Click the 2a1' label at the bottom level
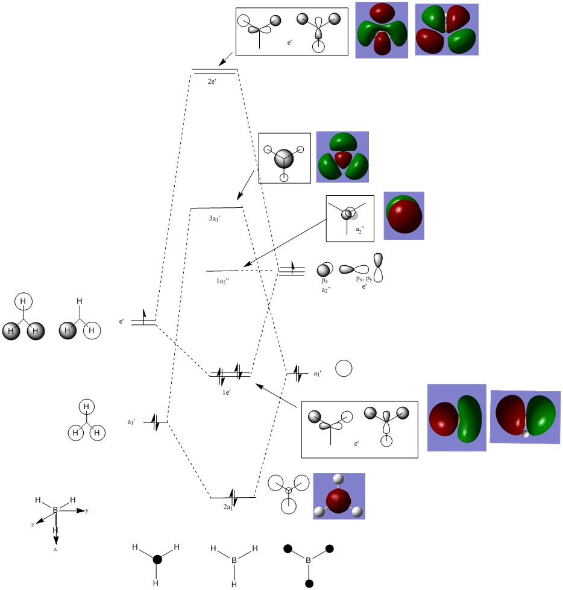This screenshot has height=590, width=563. coord(228,507)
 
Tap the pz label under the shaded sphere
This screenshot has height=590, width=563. coord(325,281)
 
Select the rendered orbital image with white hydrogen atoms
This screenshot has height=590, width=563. coord(339,496)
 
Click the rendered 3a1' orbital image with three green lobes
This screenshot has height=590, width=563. coord(342,157)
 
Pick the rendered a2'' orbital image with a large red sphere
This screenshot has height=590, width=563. coord(404,215)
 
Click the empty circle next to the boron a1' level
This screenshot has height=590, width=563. coord(344,369)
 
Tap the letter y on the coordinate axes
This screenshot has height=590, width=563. coord(87,510)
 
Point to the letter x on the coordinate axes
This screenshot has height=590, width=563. coord(55,549)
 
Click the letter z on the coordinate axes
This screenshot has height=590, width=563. coord(33,525)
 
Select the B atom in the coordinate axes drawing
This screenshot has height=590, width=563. coord(55,510)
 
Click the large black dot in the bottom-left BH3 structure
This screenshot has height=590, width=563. coord(157,559)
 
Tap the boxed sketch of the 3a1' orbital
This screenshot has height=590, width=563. coord(285,158)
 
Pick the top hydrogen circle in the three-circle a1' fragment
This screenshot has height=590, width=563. coord(87,407)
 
